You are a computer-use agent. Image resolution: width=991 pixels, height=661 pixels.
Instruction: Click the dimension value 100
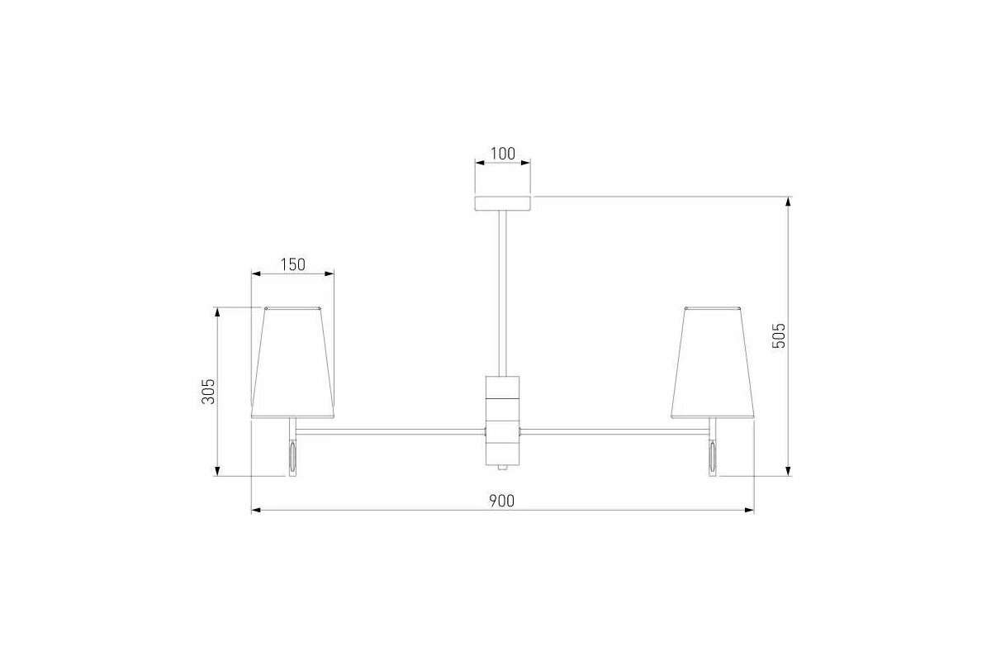(503, 154)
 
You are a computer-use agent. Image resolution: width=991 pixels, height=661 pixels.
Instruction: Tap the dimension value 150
(293, 264)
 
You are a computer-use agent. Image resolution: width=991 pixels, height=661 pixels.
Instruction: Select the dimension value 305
(208, 392)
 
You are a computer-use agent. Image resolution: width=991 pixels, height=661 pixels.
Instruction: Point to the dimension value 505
(779, 335)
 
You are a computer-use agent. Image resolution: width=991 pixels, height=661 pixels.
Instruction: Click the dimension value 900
(502, 501)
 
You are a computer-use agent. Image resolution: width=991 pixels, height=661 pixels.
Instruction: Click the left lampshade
(293, 362)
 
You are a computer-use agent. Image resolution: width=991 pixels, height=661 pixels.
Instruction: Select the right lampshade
(712, 362)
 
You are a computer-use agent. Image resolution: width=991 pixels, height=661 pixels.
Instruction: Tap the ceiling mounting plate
(503, 203)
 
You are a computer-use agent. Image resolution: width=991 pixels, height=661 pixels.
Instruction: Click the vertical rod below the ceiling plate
(503, 293)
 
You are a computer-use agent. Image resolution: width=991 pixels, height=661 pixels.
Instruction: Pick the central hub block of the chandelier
(503, 421)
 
